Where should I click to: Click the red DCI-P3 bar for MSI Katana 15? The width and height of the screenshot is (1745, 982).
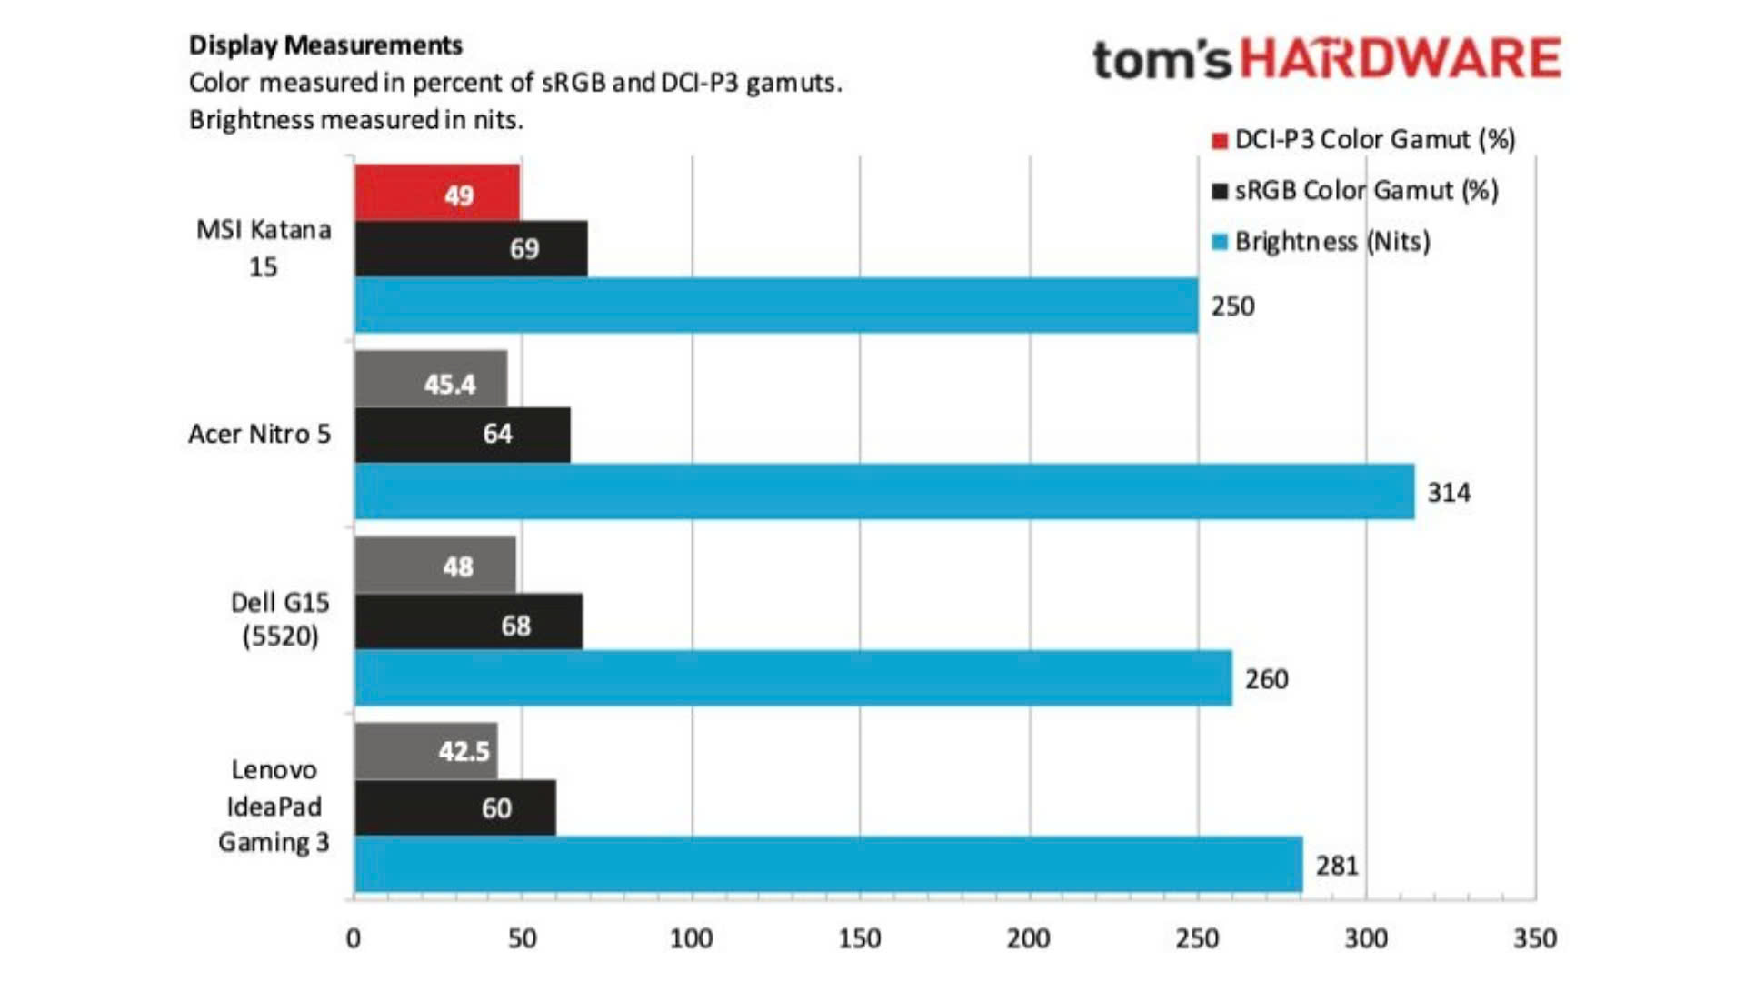[x=437, y=193]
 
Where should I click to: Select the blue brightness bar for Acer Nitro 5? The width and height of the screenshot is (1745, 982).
[x=883, y=491]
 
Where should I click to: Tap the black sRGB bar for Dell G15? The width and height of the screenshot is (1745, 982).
[x=468, y=622]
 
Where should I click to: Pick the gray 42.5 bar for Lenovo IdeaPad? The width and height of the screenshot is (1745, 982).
[x=425, y=751]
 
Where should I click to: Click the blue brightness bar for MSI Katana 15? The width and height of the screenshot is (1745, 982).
[x=776, y=306]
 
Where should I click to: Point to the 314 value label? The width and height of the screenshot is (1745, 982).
[x=1448, y=493]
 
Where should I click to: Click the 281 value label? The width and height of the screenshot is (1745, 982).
[x=1337, y=865]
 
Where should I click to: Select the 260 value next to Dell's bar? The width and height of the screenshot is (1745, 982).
[x=1266, y=679]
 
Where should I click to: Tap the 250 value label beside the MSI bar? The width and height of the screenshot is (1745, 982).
[x=1232, y=306]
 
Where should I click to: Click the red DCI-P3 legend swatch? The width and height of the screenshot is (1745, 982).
[x=1220, y=141]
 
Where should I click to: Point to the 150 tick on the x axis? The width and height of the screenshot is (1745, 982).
[x=859, y=938]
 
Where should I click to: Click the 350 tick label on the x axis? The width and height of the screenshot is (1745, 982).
[x=1534, y=938]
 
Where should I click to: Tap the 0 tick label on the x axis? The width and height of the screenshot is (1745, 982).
[x=354, y=938]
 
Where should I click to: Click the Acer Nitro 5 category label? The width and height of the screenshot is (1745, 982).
[x=259, y=435]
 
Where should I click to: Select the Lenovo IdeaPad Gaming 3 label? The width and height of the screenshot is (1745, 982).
[x=274, y=807]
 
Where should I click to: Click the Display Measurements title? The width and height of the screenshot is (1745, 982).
[x=325, y=45]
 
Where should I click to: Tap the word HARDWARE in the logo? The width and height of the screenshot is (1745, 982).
[x=1401, y=59]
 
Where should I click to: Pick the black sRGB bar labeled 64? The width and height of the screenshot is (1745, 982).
[x=462, y=435]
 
